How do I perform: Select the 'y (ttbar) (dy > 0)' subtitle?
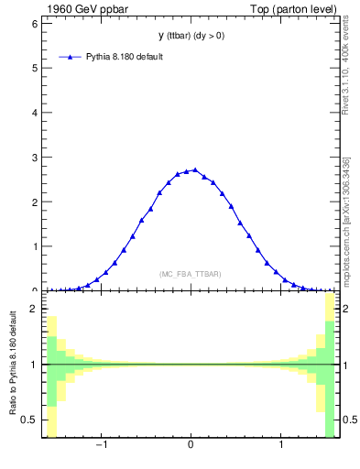point(191,36)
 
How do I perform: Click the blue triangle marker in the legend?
point(71,57)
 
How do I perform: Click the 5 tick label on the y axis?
point(35,68)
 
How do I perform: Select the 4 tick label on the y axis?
point(35,113)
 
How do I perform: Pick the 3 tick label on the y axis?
point(35,158)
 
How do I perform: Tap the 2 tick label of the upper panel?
point(35,202)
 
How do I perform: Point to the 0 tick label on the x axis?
point(191,446)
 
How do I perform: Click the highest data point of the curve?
point(195,169)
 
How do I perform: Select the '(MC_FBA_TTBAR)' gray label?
point(191,274)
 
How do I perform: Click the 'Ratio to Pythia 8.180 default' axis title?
point(14,366)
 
